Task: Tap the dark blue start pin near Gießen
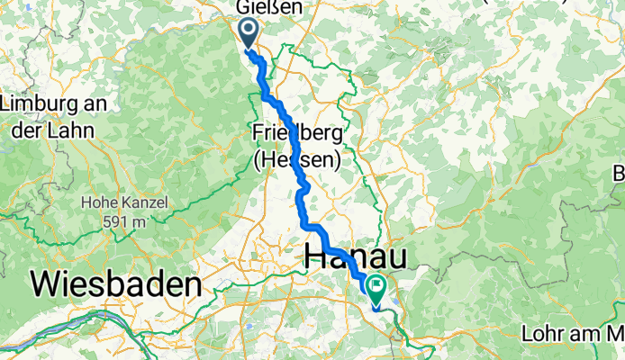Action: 248,31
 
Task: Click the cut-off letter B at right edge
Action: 619,173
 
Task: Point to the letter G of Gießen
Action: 243,7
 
